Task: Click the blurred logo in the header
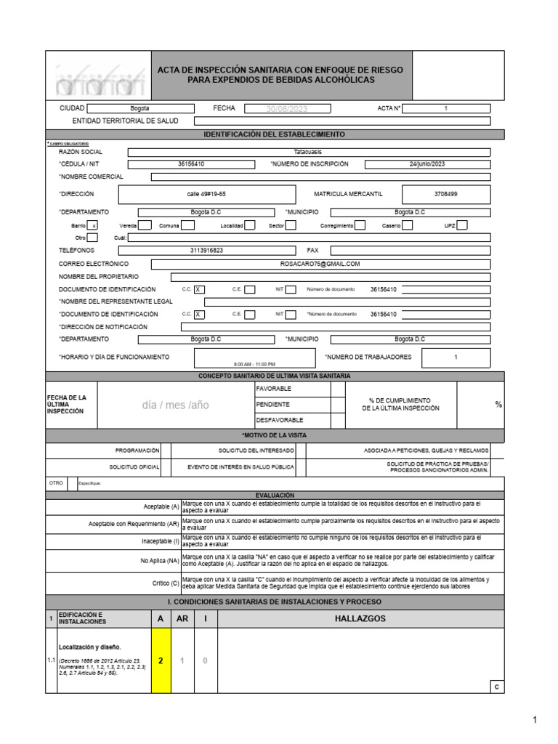pyautogui.click(x=97, y=78)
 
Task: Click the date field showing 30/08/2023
pyautogui.click(x=287, y=108)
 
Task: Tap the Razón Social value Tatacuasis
pyautogui.click(x=308, y=152)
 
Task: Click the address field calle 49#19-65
pyautogui.click(x=206, y=195)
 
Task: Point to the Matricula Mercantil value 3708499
pyautogui.click(x=445, y=195)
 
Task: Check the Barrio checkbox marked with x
pyautogui.click(x=93, y=226)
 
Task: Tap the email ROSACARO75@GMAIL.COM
pyautogui.click(x=320, y=264)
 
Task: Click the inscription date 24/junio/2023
pyautogui.click(x=427, y=164)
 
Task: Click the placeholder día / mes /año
pyautogui.click(x=175, y=405)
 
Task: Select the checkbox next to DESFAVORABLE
pyautogui.click(x=337, y=420)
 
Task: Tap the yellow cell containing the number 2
pyautogui.click(x=161, y=660)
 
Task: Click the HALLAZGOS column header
pyautogui.click(x=360, y=618)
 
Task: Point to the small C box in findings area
pyautogui.click(x=497, y=687)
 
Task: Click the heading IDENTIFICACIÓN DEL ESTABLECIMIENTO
pyautogui.click(x=275, y=134)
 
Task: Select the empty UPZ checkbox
pyautogui.click(x=462, y=226)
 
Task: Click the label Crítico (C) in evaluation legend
pyautogui.click(x=165, y=583)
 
